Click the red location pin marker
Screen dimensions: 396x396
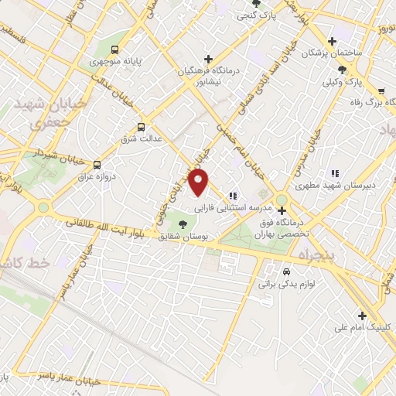[200, 183]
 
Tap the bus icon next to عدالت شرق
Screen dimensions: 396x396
[141, 127]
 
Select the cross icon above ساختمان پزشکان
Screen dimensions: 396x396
[332, 42]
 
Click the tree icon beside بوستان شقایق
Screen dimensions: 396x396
[183, 224]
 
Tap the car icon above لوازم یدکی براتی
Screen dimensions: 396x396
[285, 272]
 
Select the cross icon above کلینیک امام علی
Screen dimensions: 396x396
[362, 315]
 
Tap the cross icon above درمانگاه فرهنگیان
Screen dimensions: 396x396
[207, 59]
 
